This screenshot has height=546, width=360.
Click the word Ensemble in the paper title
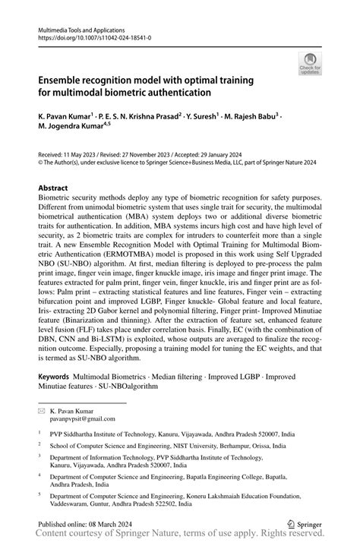click(66, 80)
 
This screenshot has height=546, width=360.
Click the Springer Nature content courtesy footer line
click(179, 536)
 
